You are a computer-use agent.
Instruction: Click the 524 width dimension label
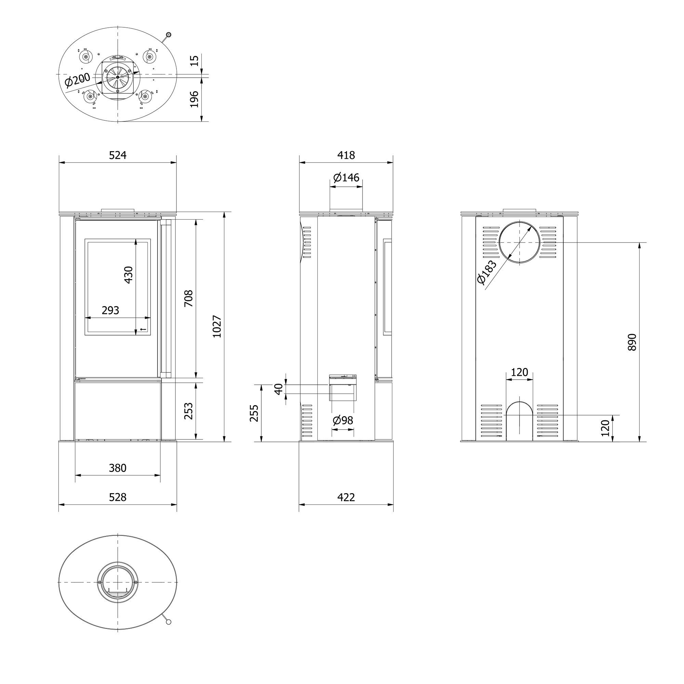tap(118, 155)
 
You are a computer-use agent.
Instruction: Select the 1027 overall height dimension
tap(217, 326)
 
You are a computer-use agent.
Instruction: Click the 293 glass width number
tap(110, 310)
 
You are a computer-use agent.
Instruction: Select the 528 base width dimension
tap(118, 497)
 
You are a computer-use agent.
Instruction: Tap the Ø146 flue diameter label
tap(346, 177)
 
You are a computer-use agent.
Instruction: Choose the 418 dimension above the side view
tap(346, 155)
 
